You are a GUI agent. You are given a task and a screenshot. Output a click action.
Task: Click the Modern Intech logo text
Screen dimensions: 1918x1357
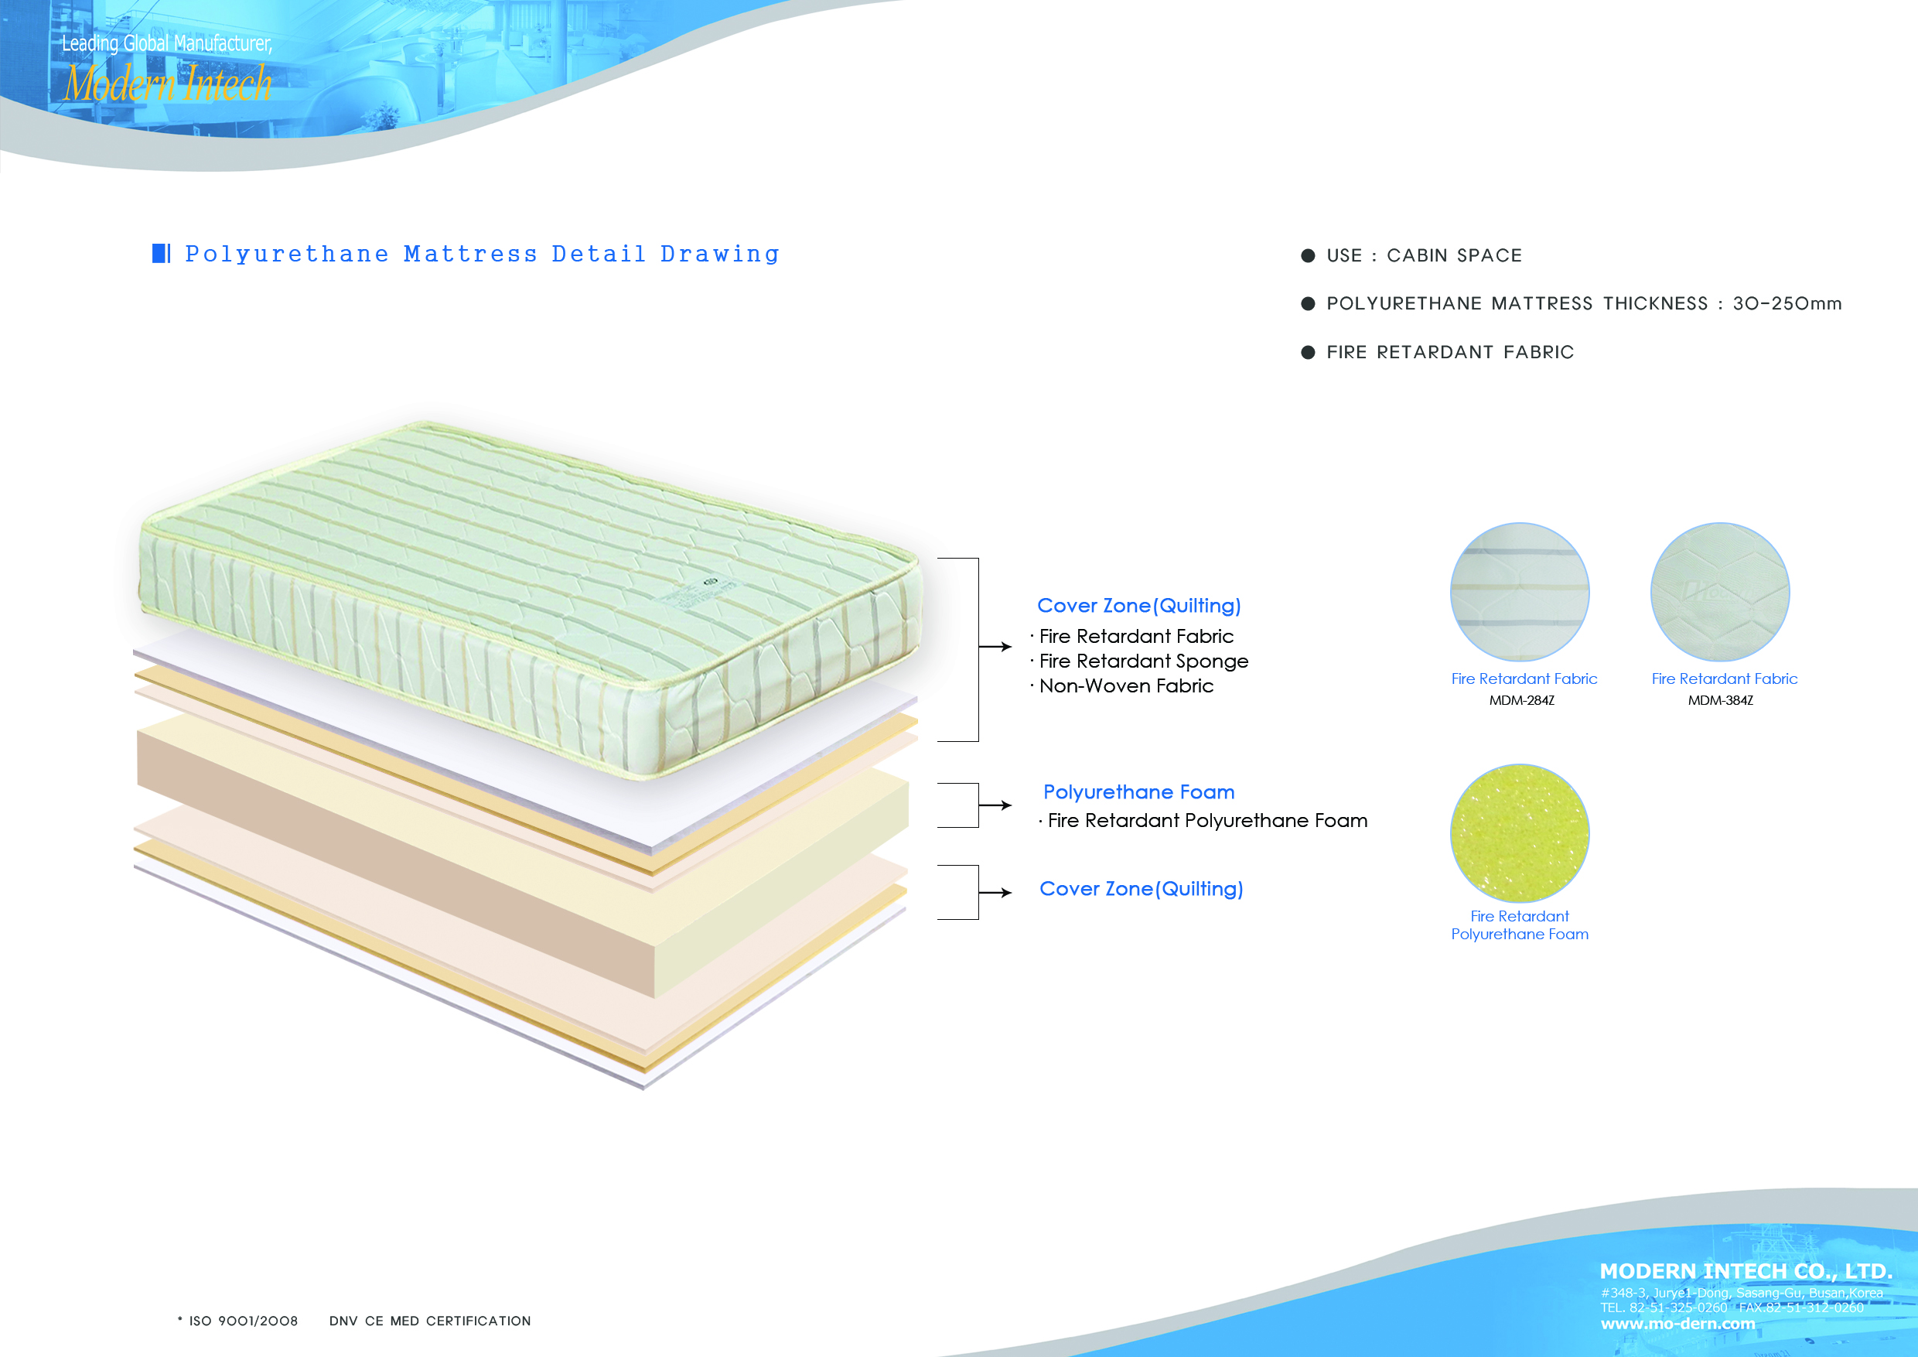coord(169,84)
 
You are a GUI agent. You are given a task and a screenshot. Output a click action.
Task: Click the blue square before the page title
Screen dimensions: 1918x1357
coord(159,253)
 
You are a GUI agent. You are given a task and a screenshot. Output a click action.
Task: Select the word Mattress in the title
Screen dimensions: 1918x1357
coord(470,254)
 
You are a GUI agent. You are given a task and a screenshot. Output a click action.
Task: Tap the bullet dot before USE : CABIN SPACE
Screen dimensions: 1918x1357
coord(1308,255)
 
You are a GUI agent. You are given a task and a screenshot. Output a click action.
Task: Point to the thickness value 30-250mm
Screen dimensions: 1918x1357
coord(1787,303)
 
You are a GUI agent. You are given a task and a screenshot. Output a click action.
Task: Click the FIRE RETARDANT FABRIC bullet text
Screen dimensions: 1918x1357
coord(1450,353)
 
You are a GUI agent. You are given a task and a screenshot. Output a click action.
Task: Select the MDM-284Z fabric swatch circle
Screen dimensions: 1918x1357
coord(1520,592)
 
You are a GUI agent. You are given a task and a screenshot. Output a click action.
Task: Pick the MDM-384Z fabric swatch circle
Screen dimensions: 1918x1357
coord(1720,592)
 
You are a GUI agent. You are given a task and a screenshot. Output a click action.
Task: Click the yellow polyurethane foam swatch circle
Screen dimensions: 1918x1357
coord(1520,833)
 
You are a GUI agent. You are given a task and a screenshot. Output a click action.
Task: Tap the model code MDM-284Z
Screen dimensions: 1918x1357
coord(1522,701)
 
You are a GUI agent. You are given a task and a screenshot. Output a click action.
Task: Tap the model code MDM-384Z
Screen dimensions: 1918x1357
coord(1721,701)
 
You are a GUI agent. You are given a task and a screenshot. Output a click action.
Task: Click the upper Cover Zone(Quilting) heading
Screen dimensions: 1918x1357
coord(1138,606)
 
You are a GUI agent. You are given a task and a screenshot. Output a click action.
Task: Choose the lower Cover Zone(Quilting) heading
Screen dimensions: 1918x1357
coord(1141,889)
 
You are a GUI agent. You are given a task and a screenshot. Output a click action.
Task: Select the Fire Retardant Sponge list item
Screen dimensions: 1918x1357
coord(1144,661)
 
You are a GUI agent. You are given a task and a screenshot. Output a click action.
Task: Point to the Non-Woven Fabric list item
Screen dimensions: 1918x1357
coord(1126,686)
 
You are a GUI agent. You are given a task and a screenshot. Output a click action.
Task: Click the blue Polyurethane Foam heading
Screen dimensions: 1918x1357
coord(1138,792)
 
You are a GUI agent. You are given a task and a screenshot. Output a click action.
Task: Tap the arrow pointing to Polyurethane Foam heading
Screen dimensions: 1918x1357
coord(995,805)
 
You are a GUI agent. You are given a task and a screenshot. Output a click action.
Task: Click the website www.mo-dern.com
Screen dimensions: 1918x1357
coord(1677,1324)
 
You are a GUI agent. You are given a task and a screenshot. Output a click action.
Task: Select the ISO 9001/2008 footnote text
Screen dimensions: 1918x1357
coord(243,1321)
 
